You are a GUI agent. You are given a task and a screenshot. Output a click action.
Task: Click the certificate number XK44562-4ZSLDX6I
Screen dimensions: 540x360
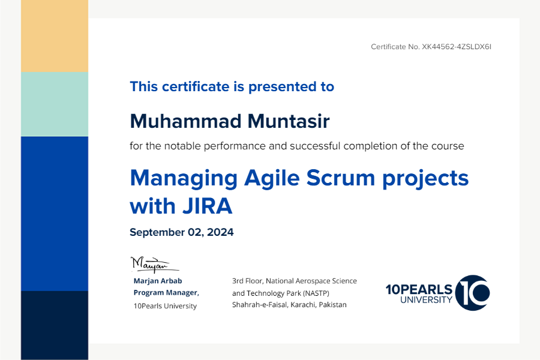tap(457, 47)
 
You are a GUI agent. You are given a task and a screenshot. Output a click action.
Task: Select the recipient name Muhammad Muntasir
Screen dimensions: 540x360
tap(230, 121)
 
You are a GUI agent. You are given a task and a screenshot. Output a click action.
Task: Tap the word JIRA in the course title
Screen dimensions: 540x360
tap(208, 206)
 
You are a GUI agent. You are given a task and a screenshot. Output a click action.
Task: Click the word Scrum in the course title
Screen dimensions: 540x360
tap(341, 178)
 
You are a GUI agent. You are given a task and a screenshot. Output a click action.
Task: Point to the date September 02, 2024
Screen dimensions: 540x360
tap(181, 232)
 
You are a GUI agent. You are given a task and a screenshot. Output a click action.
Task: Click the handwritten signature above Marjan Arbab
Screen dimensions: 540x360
tap(155, 265)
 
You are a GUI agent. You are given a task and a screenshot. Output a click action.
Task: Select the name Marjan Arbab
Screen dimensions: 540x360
tap(158, 281)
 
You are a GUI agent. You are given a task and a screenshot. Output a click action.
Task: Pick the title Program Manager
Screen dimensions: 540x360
tap(166, 292)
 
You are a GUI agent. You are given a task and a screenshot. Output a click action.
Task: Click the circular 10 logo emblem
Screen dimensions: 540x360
tap(472, 293)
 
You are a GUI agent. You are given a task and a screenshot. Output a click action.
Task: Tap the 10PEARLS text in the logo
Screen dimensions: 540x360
tap(419, 290)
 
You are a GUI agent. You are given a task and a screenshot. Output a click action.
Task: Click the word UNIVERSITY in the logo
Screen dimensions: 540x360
tap(426, 300)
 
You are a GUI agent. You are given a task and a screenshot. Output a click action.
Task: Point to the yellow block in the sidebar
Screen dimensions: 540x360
tap(55, 36)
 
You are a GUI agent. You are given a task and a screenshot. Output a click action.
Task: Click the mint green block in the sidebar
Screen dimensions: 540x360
tap(55, 104)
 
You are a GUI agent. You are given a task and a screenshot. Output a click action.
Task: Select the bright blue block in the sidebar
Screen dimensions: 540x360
tap(55, 214)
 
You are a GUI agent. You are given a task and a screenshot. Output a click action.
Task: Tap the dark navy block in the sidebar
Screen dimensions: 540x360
tap(55, 326)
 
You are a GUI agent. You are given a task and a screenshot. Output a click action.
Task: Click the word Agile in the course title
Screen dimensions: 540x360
tap(272, 178)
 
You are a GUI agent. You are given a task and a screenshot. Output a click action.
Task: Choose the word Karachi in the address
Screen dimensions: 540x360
tap(303, 305)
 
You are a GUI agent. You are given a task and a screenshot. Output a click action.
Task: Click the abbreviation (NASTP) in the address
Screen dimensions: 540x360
tap(316, 293)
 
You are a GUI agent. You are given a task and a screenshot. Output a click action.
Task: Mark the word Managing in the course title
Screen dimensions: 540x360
tap(184, 178)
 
